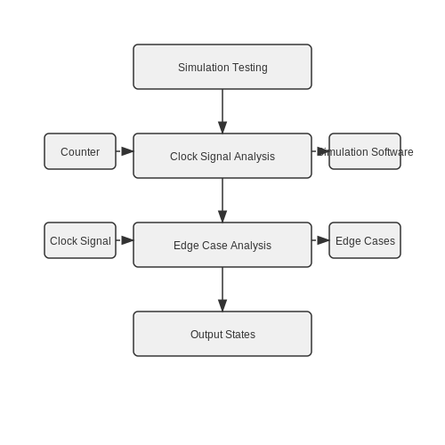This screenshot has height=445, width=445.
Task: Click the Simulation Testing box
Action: pos(222,67)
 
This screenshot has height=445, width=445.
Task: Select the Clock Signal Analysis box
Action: pos(222,156)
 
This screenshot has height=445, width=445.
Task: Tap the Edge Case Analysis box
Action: pos(222,245)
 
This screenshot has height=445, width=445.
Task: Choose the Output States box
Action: pos(222,334)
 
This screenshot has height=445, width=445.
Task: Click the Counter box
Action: pos(80,151)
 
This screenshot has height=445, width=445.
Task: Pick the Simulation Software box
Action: pos(365,151)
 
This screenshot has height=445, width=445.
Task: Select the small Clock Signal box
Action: pos(80,240)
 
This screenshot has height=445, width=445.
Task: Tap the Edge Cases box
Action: pos(365,240)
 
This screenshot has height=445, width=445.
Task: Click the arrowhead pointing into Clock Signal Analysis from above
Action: pos(222,127)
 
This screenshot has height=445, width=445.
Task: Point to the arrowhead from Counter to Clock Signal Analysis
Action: pos(127,151)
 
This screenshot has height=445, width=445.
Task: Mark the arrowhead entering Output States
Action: pos(222,305)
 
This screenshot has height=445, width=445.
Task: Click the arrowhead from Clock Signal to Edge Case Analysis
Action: pos(127,240)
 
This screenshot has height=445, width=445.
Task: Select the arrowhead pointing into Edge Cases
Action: pos(323,240)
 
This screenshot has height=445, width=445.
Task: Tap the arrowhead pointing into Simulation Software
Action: pos(323,151)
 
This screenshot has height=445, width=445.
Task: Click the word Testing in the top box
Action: pos(250,68)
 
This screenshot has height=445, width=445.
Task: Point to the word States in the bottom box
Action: pos(240,335)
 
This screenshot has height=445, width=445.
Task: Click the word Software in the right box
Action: pos(392,152)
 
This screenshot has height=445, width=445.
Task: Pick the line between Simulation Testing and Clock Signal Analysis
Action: pos(222,105)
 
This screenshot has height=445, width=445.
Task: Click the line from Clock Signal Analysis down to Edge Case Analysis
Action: pos(222,194)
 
